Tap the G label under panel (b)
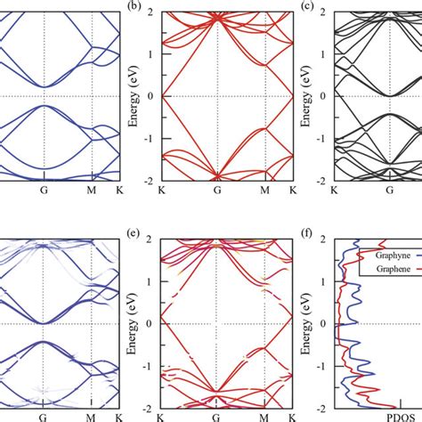(216, 190)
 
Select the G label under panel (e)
(216, 417)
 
